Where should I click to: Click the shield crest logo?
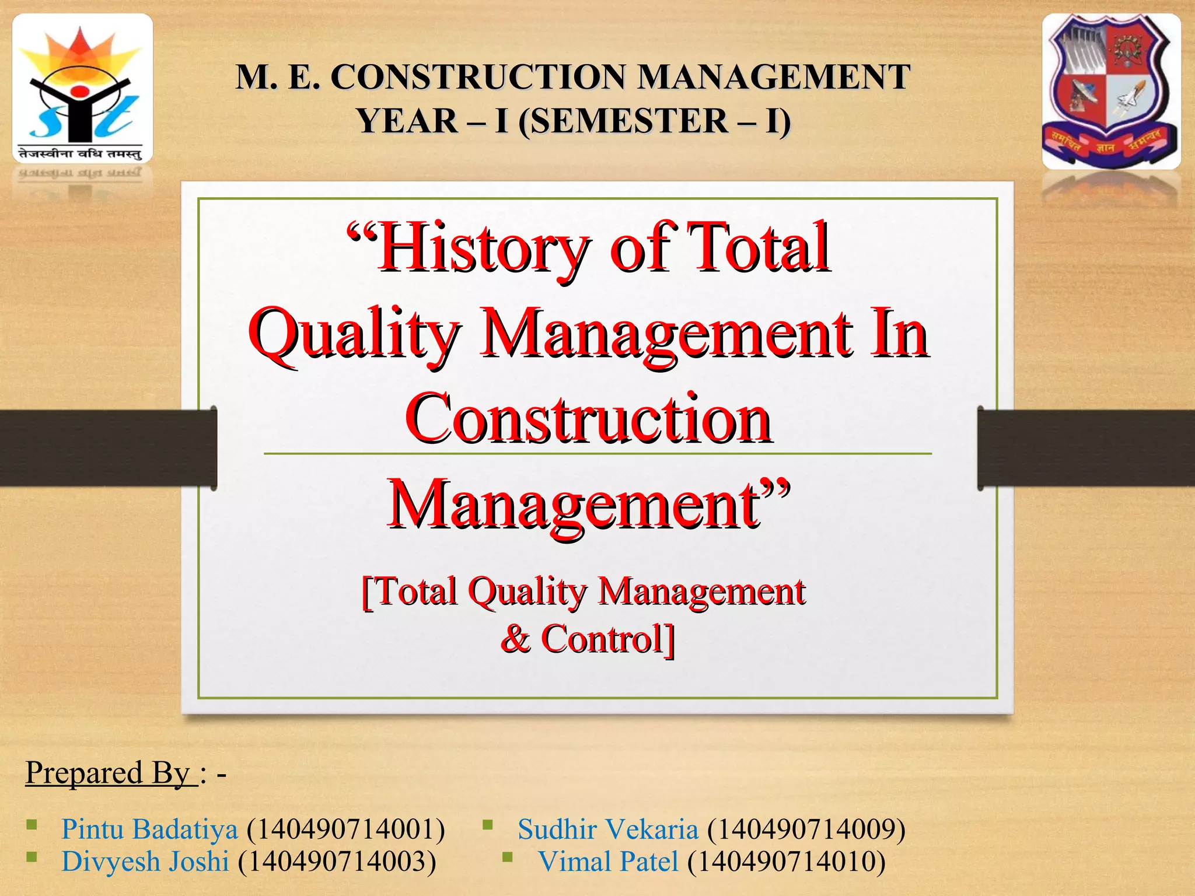point(1111,92)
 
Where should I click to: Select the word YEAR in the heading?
point(407,121)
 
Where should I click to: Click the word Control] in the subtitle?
point(607,639)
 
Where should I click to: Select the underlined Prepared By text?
point(111,773)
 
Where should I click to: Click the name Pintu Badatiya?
point(149,829)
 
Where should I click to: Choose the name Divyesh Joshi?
point(145,862)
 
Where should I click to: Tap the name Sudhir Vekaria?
point(607,829)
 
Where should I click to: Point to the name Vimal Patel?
point(608,862)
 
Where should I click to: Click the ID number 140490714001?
point(345,829)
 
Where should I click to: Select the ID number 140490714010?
point(786,862)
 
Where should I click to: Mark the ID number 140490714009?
point(806,829)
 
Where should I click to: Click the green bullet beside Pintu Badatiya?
point(32,825)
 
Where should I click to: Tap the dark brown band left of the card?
point(105,447)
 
